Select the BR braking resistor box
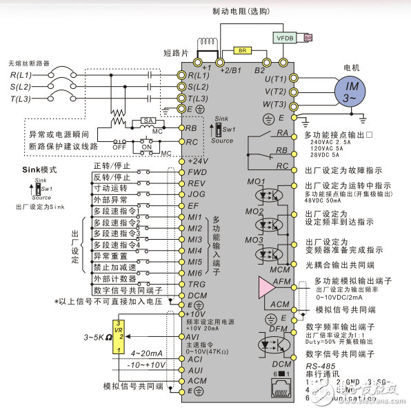coord(242,50)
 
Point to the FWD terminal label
coord(197,172)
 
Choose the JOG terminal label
coord(197,194)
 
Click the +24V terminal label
coord(198,161)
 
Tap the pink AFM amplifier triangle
coord(264,288)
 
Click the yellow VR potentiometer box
coord(119,337)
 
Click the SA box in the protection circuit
coord(147,120)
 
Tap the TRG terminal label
coord(197,283)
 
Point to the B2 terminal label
coord(259,70)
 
